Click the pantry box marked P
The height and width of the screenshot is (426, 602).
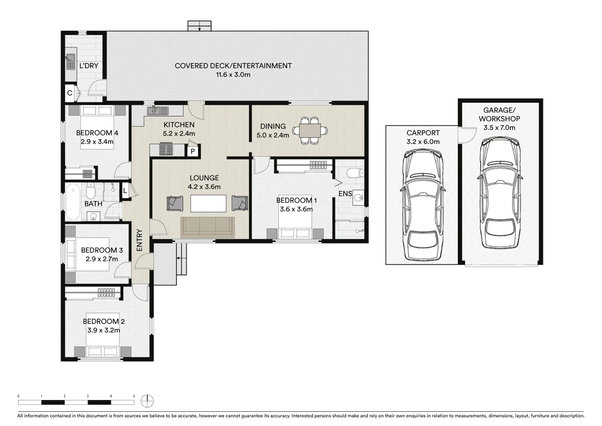193,151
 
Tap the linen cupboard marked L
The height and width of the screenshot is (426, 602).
125,191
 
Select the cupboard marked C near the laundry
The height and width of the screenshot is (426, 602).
70,93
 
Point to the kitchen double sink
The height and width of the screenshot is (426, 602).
158,111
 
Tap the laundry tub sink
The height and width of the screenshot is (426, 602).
71,62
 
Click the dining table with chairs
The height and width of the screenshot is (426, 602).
310,131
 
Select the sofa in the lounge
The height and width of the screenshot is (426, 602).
208,228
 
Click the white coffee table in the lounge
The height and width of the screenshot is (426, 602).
208,204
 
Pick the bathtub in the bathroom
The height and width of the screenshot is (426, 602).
73,202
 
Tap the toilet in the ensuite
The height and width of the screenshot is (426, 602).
355,173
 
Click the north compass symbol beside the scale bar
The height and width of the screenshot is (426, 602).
147,401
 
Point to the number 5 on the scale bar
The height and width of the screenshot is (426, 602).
134,396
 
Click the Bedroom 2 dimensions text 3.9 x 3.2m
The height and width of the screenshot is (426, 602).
104,330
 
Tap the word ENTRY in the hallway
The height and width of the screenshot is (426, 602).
139,240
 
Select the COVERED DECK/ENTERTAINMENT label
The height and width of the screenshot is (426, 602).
233,65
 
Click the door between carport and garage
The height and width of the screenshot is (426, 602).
467,135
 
